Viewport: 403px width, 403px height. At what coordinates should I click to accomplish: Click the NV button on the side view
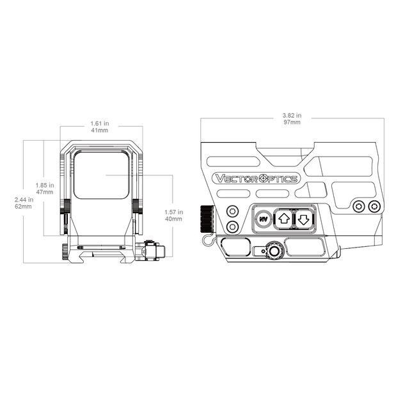[x=263, y=219]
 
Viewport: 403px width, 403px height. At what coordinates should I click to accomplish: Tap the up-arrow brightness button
[x=284, y=219]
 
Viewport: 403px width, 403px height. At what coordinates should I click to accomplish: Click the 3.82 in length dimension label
[x=292, y=115]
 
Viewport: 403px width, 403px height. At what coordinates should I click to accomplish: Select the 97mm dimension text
[x=292, y=122]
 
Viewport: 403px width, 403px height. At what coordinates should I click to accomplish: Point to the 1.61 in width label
[x=100, y=123]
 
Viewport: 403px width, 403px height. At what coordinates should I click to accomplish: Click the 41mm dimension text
[x=100, y=130]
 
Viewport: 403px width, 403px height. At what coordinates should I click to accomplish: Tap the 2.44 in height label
[x=24, y=200]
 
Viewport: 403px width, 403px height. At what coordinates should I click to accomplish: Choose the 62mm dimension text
[x=24, y=207]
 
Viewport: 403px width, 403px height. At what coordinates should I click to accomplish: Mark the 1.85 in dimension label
[x=45, y=186]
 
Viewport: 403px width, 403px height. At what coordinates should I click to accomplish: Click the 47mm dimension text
[x=45, y=192]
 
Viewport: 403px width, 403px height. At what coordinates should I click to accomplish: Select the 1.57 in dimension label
[x=174, y=212]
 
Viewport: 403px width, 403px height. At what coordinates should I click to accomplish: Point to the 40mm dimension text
[x=173, y=219]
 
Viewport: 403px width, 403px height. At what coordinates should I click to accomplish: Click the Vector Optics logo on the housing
[x=257, y=178]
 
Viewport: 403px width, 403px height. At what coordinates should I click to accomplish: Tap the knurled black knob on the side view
[x=207, y=219]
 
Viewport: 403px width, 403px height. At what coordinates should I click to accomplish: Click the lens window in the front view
[x=101, y=175]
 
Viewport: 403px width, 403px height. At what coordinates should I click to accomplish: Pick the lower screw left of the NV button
[x=232, y=226]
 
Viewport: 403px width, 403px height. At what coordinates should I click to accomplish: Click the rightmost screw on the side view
[x=374, y=207]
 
